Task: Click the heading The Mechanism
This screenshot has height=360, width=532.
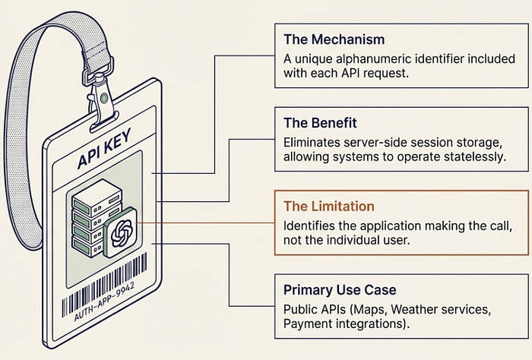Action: (334, 39)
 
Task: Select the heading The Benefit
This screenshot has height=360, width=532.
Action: (320, 123)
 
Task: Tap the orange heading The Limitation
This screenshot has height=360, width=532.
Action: (329, 206)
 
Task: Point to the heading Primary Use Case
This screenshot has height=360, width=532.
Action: (340, 290)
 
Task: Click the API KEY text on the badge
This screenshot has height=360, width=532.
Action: (104, 149)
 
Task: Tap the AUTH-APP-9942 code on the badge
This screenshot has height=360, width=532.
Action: (105, 302)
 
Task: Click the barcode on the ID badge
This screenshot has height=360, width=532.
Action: (105, 283)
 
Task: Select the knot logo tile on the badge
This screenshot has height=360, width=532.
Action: (120, 232)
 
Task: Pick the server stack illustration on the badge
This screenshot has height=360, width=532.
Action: (97, 218)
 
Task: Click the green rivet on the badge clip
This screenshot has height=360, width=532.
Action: (104, 98)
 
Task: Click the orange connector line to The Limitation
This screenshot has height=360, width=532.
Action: (205, 223)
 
